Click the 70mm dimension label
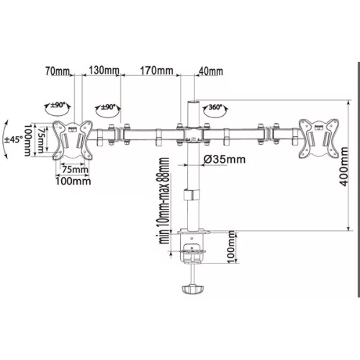(58, 71)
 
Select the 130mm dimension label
(104, 71)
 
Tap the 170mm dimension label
(156, 71)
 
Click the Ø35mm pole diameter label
(225, 159)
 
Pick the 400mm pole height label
(344, 166)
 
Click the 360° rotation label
(215, 107)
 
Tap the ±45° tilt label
(14, 139)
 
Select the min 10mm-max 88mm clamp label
(164, 201)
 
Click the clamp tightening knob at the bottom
(193, 289)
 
